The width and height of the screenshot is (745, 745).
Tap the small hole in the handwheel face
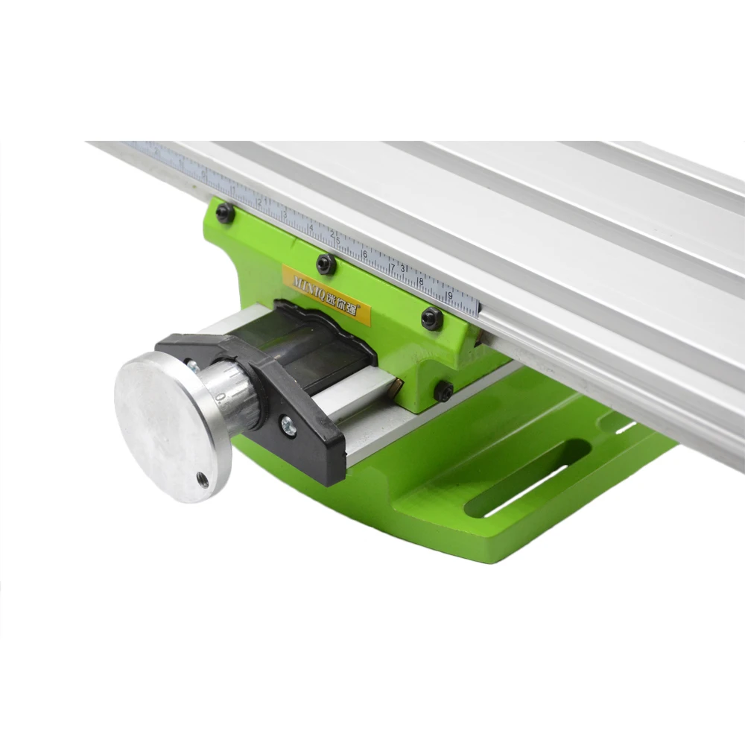point(202,481)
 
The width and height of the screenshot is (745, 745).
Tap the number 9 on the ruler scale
point(449,295)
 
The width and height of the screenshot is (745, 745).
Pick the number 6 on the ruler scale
point(364,253)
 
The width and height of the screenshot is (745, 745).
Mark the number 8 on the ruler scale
point(421,282)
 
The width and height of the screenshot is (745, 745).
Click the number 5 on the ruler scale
point(337,241)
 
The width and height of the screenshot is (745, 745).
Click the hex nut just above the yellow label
point(326,264)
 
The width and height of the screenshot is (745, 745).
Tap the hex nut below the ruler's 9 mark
point(432,319)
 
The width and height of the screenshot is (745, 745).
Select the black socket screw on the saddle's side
point(444,390)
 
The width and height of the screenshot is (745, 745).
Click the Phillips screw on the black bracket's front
point(288,428)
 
